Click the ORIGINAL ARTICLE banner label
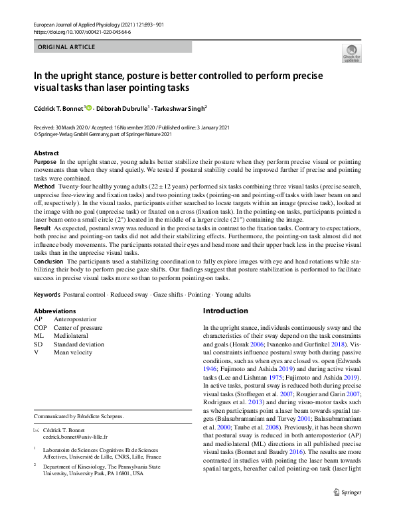(x=66, y=47)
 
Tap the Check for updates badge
(x=351, y=53)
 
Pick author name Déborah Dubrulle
(x=121, y=108)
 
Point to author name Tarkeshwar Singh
(x=179, y=108)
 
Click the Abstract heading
(x=46, y=153)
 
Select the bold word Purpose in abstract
(x=44, y=161)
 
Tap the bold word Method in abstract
(x=44, y=188)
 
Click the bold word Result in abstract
(x=42, y=227)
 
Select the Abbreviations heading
(x=54, y=311)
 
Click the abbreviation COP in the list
(x=40, y=327)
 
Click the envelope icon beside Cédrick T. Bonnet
(x=37, y=431)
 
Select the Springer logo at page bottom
(x=349, y=510)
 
